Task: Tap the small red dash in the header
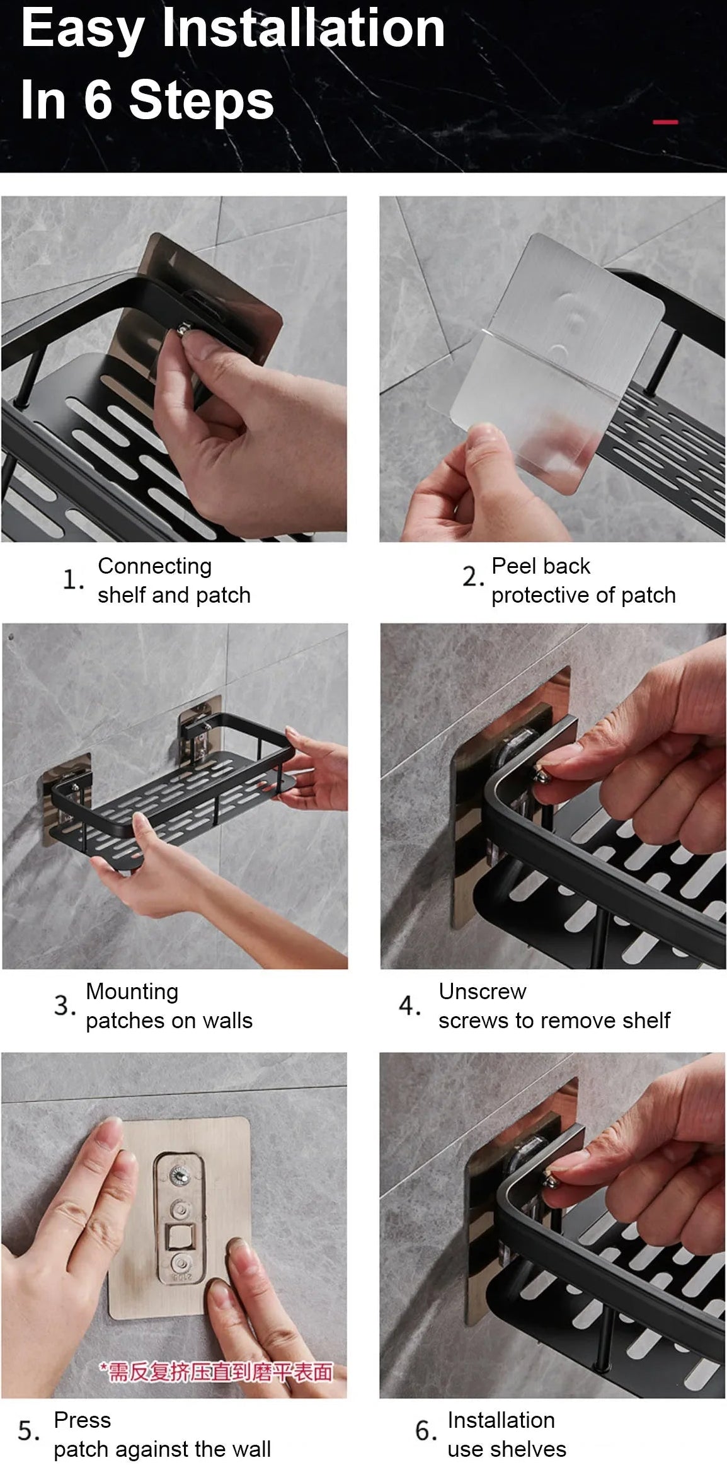[x=665, y=122]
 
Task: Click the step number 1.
[x=72, y=579]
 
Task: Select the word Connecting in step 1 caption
[x=154, y=566]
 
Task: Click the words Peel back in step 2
[x=541, y=566]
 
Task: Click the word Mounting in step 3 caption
[x=132, y=992]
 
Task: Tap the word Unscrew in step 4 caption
[x=482, y=992]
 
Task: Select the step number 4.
[x=409, y=1005]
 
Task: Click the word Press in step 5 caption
[x=82, y=1420]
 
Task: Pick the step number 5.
[x=28, y=1431]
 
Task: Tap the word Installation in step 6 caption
[x=501, y=1420]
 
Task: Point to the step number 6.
[x=425, y=1431]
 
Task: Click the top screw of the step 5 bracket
[x=180, y=1175]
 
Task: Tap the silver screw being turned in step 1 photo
[x=184, y=329]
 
